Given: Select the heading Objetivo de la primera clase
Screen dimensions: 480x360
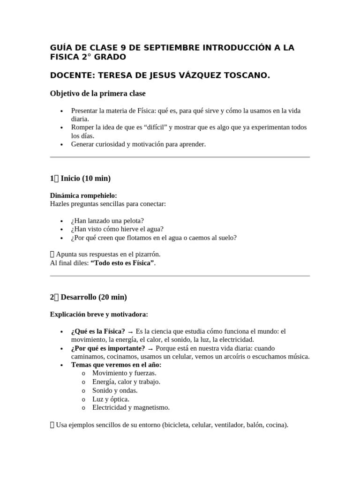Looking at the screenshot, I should click(97, 94).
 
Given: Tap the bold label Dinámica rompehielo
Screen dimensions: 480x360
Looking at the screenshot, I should click(83, 195).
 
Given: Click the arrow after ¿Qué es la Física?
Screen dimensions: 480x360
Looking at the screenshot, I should click(130, 331).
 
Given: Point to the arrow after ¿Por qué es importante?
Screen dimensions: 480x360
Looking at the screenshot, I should click(150, 348).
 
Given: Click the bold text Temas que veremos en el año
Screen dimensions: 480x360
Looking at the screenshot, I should click(116, 365).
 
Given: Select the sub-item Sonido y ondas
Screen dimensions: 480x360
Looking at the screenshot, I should click(115, 390).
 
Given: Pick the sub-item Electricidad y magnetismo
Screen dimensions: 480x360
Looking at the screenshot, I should click(131, 407).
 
